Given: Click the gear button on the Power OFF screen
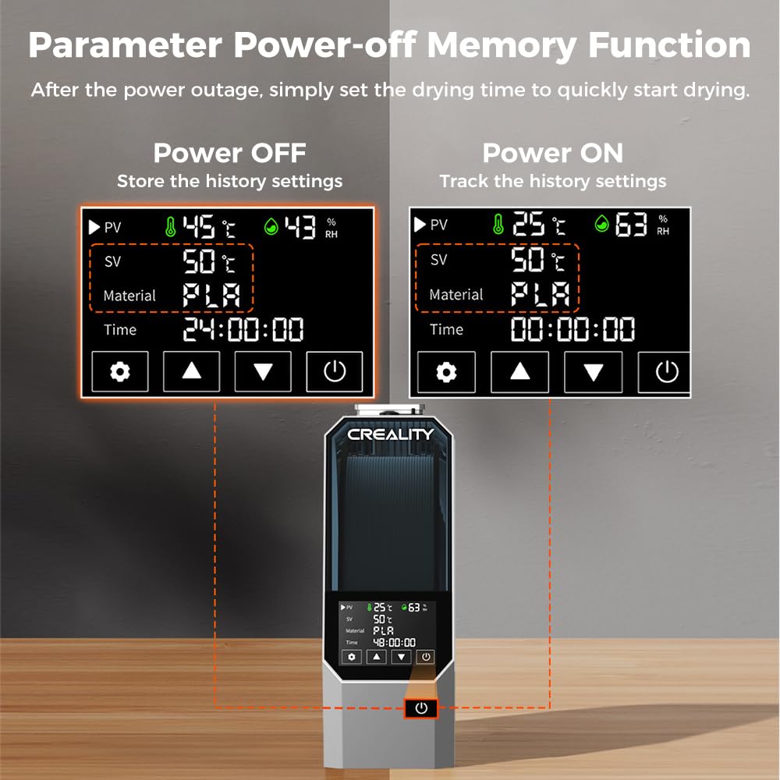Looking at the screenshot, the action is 120,371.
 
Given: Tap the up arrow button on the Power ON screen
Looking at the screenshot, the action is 519,372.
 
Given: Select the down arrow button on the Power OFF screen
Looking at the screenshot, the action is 263,371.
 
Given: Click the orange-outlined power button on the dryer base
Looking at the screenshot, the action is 421,708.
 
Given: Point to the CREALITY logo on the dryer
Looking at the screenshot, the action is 391,434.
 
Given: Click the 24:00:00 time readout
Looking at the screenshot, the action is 243,329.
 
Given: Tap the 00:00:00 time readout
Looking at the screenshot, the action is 573,329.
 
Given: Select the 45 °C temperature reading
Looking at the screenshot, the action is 209,227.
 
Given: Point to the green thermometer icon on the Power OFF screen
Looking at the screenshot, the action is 170,227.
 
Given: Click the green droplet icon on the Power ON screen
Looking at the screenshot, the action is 602,223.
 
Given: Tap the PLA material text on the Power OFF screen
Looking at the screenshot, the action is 211,295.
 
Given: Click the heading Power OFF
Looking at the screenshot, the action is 229,153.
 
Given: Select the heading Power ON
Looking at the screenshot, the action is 553,153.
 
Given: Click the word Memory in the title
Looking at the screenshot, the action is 502,46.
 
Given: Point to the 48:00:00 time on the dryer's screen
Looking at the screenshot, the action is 394,643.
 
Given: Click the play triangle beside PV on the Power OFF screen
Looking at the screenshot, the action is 94,227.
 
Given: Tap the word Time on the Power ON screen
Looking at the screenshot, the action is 446,329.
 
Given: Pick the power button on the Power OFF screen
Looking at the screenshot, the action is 335,371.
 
